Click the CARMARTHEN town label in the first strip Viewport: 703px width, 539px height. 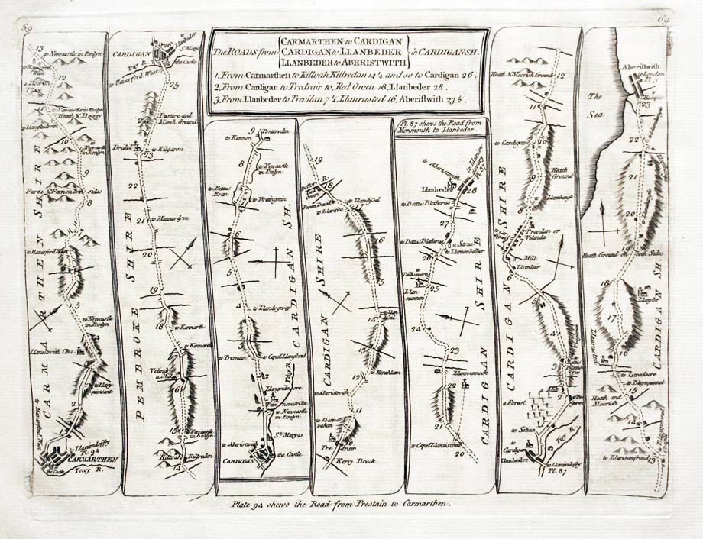point(91,460)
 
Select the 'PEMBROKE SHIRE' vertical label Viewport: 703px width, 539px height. point(138,351)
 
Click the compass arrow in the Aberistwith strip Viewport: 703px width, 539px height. point(602,221)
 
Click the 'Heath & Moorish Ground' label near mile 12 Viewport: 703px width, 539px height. point(520,74)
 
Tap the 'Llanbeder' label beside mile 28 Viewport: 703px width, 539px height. point(432,187)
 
